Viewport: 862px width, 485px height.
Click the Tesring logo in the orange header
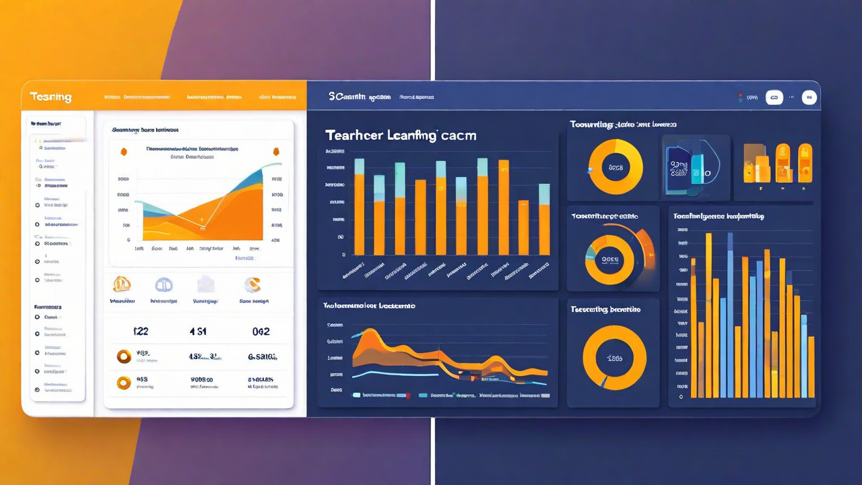(x=51, y=97)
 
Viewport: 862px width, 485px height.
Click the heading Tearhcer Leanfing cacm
(x=401, y=135)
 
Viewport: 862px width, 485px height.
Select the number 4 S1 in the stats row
(x=198, y=331)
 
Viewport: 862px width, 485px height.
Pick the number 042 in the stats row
(x=261, y=331)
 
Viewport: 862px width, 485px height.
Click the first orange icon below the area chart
(x=122, y=284)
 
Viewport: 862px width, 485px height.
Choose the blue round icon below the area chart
(x=164, y=285)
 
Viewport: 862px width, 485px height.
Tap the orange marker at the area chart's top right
(x=275, y=152)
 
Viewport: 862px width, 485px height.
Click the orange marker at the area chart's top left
(x=123, y=152)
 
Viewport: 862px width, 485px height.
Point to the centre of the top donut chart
(x=616, y=167)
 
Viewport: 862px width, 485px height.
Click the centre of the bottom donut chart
(x=614, y=358)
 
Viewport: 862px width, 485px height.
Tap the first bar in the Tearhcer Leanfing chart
(x=359, y=207)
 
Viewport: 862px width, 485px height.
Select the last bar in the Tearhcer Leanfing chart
(x=544, y=220)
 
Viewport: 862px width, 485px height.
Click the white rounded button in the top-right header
(x=774, y=98)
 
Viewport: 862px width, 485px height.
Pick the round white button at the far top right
(x=809, y=98)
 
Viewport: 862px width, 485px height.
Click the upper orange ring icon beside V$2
(x=124, y=356)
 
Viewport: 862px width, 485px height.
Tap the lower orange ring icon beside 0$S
(x=124, y=383)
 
